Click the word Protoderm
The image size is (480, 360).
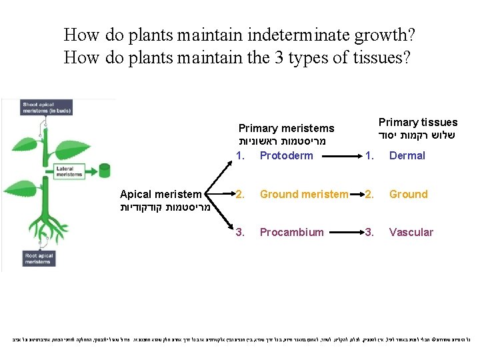click(x=286, y=156)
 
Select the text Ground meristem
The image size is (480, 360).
click(x=304, y=195)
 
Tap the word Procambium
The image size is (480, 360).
click(x=291, y=233)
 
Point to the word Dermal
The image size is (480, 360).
click(x=407, y=156)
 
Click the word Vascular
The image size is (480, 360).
click(x=411, y=233)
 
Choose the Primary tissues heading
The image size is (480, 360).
click(x=418, y=123)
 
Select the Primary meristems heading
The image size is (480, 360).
click(x=286, y=129)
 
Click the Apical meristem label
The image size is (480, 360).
click(x=160, y=195)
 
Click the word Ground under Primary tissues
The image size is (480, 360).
click(x=408, y=195)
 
